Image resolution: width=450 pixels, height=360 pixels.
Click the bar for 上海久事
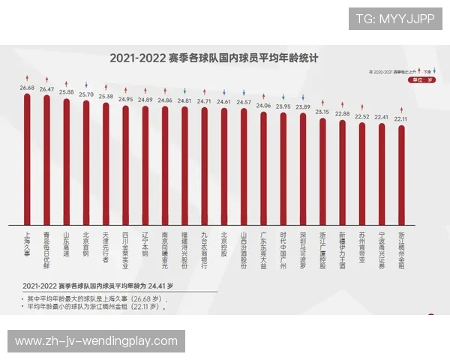coord(27,157)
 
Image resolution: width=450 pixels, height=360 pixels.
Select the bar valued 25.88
coord(66,161)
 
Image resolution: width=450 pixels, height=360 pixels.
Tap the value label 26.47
coord(46,89)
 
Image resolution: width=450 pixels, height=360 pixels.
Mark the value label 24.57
coord(244,102)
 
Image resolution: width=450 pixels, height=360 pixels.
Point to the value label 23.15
coord(322,112)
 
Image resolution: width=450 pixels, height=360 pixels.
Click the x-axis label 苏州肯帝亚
coord(361,247)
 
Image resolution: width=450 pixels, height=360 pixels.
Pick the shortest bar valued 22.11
coord(401,175)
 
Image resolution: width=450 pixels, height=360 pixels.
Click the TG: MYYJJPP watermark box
coord(395,18)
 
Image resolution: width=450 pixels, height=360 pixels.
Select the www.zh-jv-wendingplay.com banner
coord(96,341)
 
